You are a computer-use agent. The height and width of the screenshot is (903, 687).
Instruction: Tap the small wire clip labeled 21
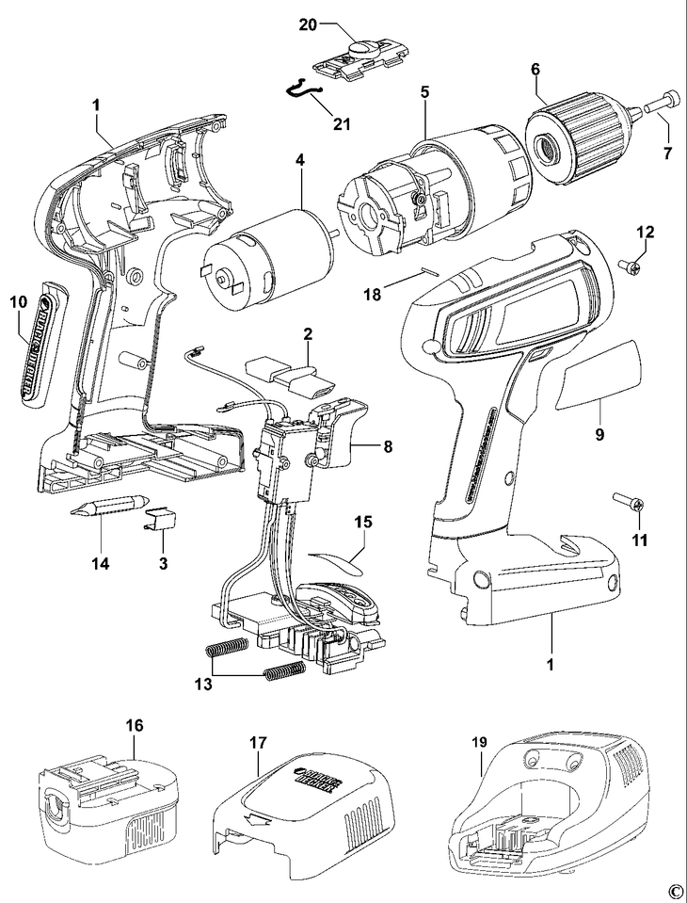click(x=303, y=90)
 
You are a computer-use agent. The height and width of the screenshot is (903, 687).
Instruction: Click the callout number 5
click(x=424, y=92)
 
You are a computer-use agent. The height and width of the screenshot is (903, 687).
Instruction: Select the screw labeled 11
click(x=626, y=504)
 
